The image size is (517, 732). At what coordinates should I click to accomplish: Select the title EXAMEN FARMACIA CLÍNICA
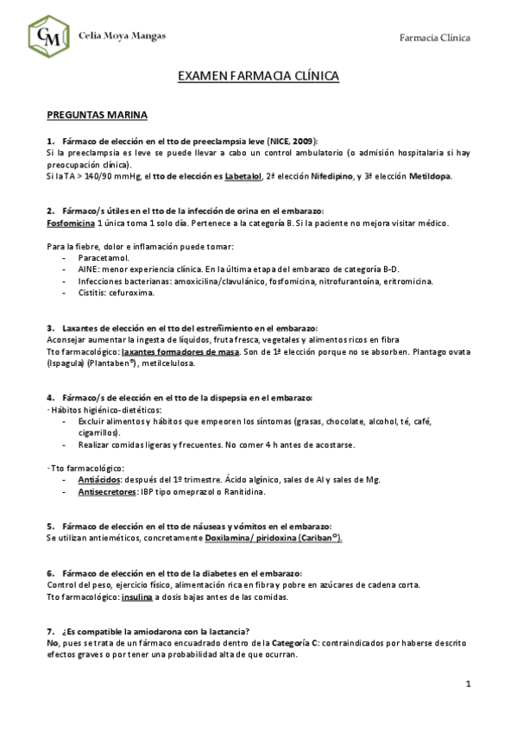[x=258, y=77]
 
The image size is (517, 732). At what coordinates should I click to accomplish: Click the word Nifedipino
[x=332, y=176]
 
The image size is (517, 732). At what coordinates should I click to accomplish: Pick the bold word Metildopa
[x=428, y=176]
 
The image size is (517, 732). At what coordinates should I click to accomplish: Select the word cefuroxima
[x=131, y=293]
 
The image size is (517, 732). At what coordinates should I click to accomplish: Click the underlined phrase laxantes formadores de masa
[x=173, y=352]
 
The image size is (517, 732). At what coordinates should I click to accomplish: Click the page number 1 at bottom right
[x=467, y=685]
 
